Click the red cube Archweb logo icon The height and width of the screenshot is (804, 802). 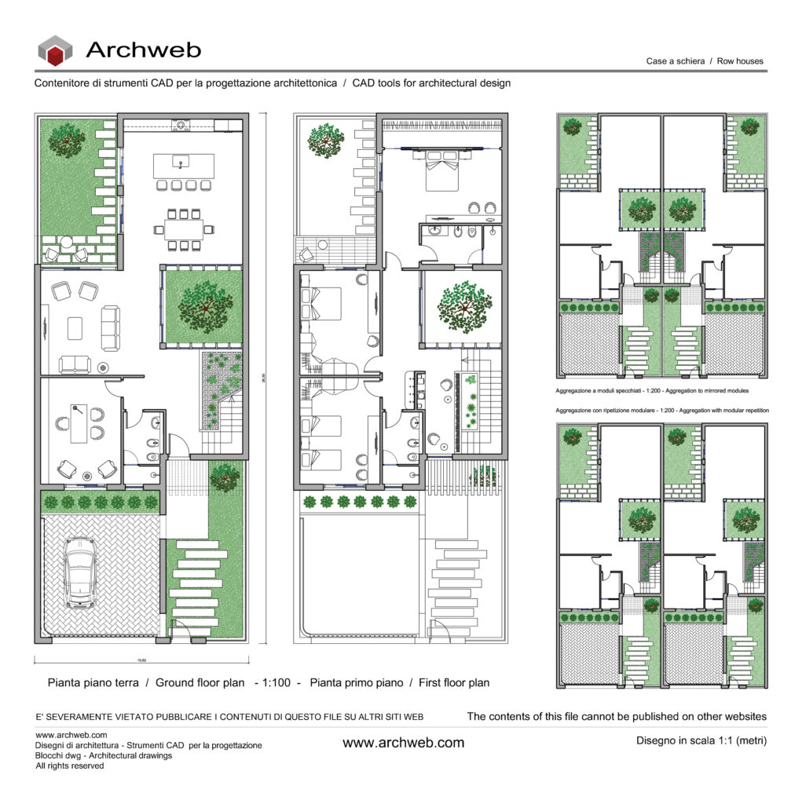tap(55, 52)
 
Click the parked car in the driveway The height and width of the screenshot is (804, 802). tap(80, 572)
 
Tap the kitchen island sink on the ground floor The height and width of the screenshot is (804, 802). tap(181, 163)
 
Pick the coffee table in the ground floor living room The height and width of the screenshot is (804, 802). tap(75, 327)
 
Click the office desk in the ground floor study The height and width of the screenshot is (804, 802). tap(79, 425)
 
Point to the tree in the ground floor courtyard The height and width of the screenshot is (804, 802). tap(204, 305)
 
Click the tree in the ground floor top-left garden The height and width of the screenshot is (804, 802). tap(68, 140)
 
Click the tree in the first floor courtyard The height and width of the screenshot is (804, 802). tap(463, 306)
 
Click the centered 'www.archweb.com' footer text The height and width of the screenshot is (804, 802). tap(403, 742)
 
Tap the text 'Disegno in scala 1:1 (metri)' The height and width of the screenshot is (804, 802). tap(700, 740)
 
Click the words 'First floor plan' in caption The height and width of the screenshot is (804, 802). tap(454, 682)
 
